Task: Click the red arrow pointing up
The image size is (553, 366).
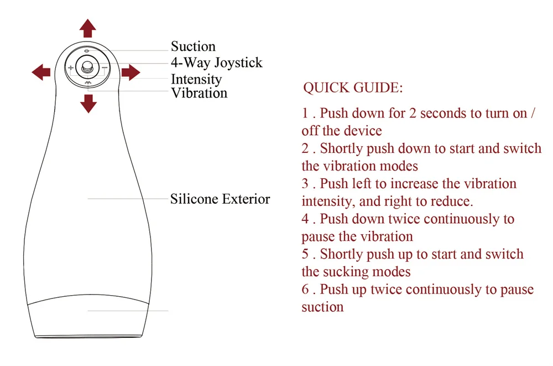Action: [87, 27]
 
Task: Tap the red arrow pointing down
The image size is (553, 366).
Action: [87, 103]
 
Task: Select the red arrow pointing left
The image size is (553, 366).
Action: [41, 71]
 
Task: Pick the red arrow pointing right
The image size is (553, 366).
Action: [131, 72]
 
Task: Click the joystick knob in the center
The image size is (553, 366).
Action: [87, 68]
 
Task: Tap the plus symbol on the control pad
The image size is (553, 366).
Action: [70, 68]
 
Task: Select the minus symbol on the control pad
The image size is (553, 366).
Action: [104, 68]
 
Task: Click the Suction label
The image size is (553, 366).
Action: [193, 47]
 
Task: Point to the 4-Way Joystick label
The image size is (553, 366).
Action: [216, 62]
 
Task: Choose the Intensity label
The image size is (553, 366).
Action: [196, 79]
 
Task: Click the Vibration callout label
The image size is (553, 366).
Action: [199, 93]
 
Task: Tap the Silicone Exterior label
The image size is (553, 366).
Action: [220, 199]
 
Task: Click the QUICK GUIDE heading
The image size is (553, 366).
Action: [353, 88]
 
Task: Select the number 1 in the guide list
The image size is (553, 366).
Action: [305, 113]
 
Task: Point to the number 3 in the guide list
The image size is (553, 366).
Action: [305, 183]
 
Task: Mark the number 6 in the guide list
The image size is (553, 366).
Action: [305, 289]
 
